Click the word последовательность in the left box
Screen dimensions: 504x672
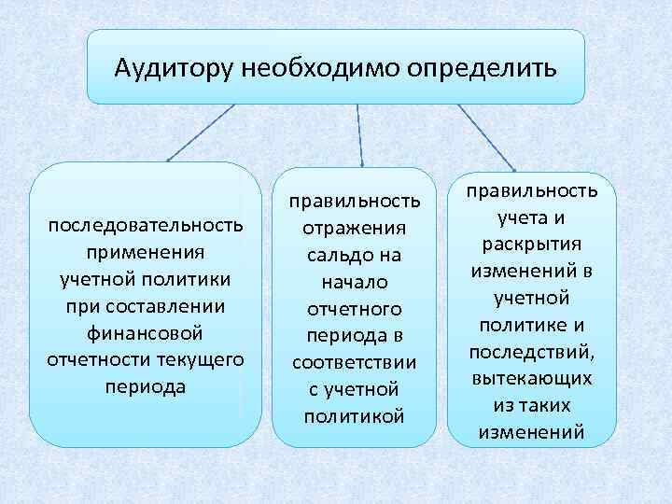click(x=146, y=226)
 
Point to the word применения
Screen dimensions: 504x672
click(x=146, y=253)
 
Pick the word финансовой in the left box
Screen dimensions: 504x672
click(x=146, y=332)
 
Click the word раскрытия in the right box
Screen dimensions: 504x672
click(x=532, y=245)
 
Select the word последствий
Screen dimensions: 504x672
click(x=532, y=352)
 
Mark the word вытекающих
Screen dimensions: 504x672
click(x=532, y=379)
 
